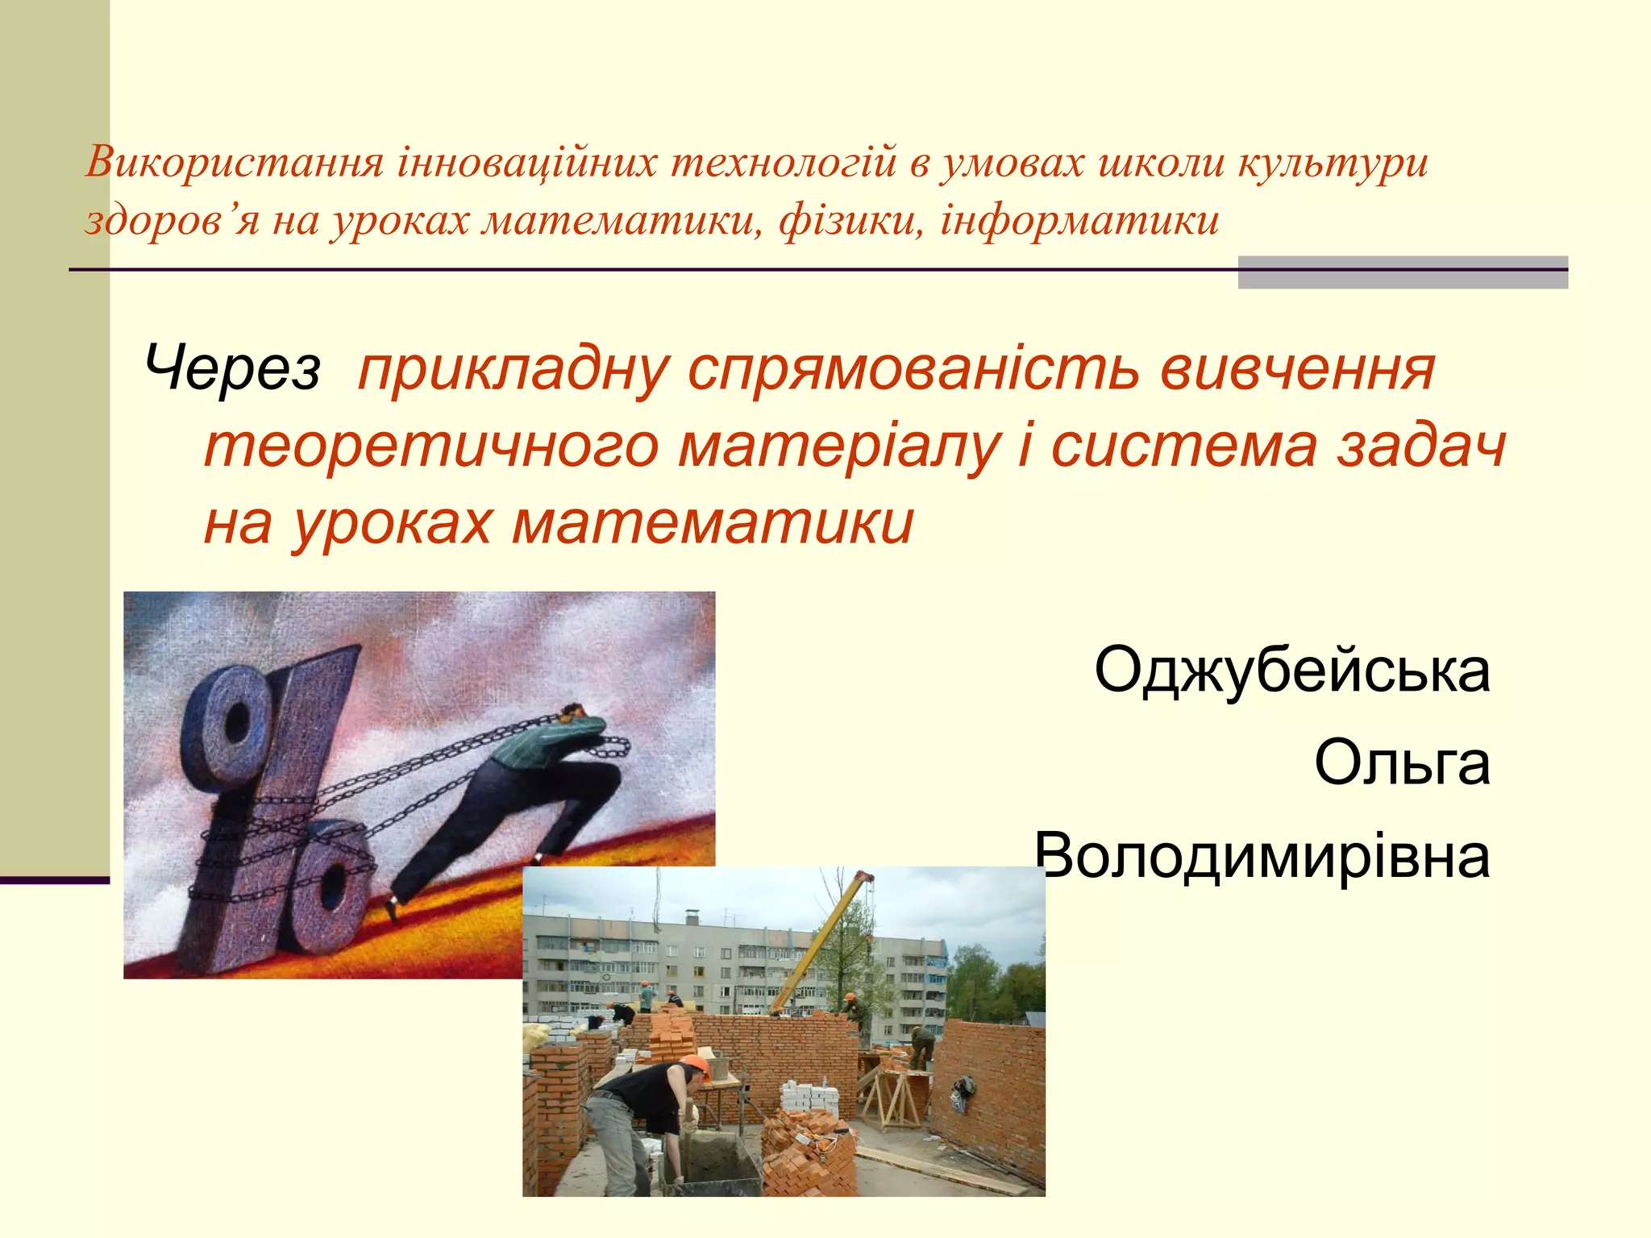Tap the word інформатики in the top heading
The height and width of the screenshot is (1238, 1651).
pyautogui.click(x=1079, y=221)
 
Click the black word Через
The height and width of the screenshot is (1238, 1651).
pyautogui.click(x=233, y=369)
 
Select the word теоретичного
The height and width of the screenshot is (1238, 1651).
pyautogui.click(x=431, y=447)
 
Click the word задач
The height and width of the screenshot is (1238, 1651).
pyautogui.click(x=1421, y=447)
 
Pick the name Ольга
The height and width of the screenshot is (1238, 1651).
pyautogui.click(x=1402, y=762)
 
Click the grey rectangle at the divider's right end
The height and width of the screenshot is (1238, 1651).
pyautogui.click(x=1403, y=272)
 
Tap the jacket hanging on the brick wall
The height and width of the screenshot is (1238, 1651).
pyautogui.click(x=963, y=1092)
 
